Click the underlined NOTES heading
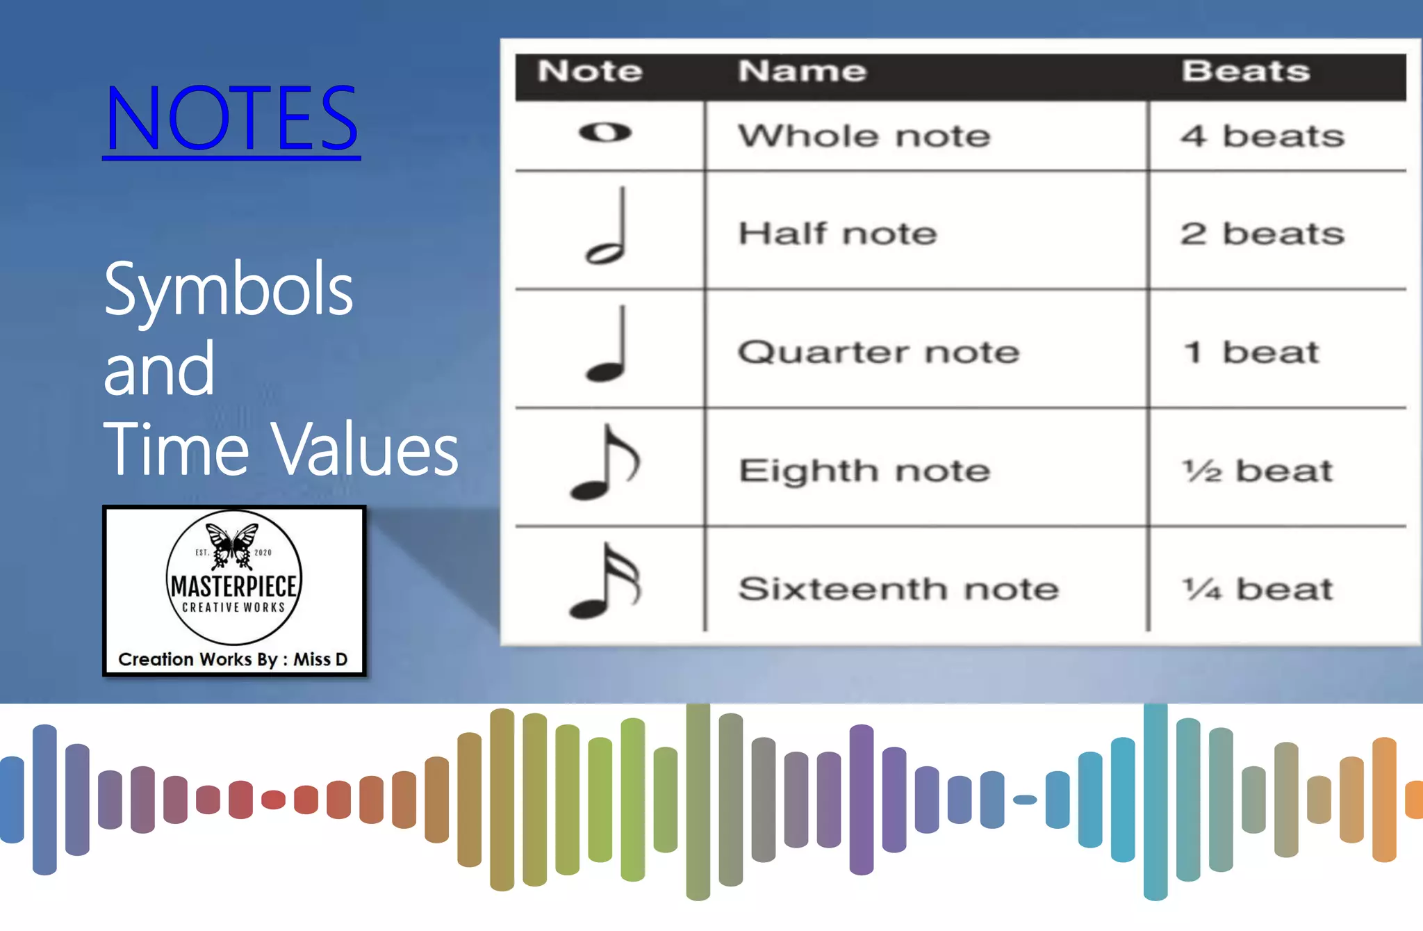(231, 118)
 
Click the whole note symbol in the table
(605, 132)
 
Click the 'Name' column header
(803, 71)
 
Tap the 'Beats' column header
(1246, 71)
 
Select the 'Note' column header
(590, 71)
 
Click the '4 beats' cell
(1262, 136)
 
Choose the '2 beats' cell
(1262, 234)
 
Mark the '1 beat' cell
(1251, 353)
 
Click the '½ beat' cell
(1258, 471)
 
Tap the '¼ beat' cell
(1258, 590)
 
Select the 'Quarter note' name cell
(878, 353)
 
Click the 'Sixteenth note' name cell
(898, 590)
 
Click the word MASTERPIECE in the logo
(234, 586)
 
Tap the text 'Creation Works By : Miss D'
(233, 659)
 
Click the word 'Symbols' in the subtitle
(228, 289)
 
